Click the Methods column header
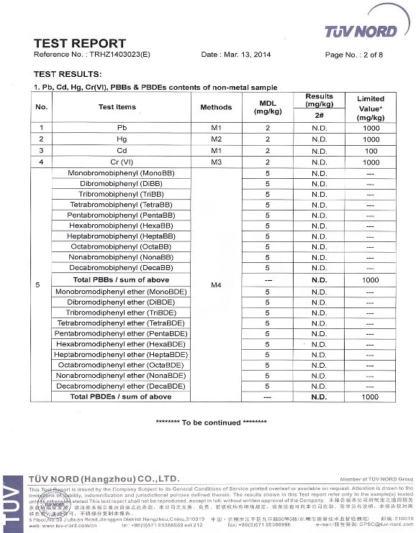[216, 107]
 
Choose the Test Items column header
[117, 107]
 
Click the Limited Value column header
[370, 108]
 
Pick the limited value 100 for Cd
[370, 151]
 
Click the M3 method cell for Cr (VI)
[216, 162]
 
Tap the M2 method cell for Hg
[216, 139]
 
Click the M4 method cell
[216, 285]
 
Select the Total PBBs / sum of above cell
[121, 279]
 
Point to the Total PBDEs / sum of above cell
[121, 397]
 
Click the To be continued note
[205, 422]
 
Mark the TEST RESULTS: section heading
[68, 74]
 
